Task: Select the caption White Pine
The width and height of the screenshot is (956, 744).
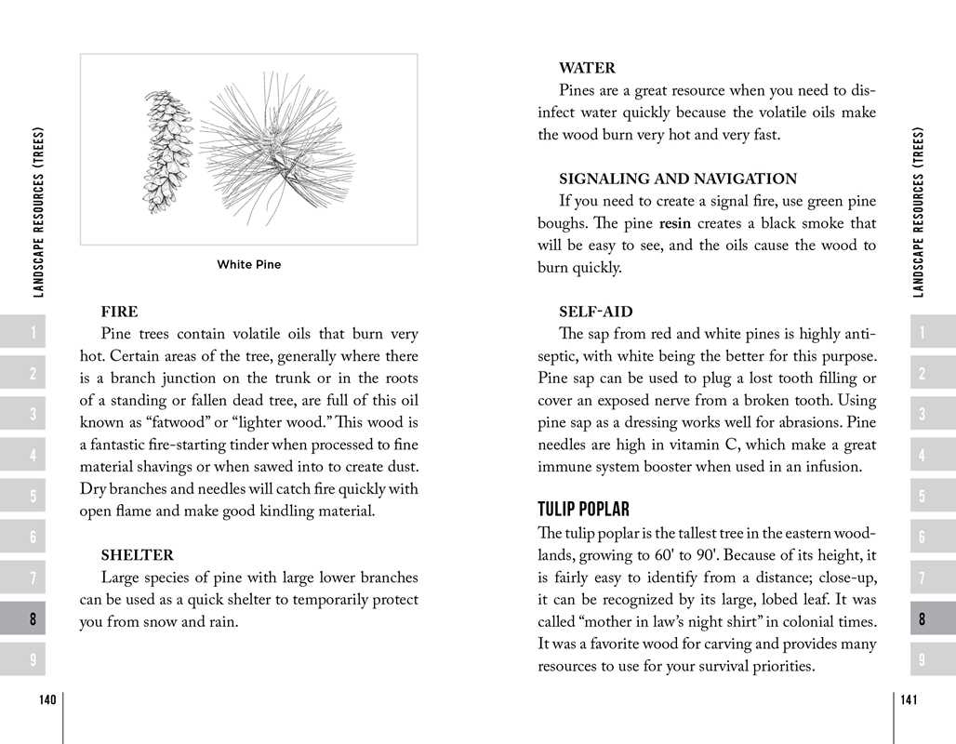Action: coord(248,265)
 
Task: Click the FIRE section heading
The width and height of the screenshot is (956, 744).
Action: coord(119,312)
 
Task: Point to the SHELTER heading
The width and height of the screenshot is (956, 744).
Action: coord(137,556)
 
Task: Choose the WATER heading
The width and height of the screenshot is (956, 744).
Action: coord(587,68)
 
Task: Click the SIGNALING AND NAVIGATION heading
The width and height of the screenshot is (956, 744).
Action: coord(677,179)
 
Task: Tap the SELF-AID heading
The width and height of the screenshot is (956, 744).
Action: coord(595,312)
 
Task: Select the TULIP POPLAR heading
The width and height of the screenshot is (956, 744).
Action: coord(583,510)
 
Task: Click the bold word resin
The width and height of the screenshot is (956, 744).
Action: coord(675,224)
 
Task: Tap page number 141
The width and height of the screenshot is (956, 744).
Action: coord(910,700)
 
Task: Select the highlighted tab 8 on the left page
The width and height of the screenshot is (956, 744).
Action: coord(33,618)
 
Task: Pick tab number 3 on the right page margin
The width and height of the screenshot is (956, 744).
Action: coord(922,414)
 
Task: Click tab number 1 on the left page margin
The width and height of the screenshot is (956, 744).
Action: coord(33,333)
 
